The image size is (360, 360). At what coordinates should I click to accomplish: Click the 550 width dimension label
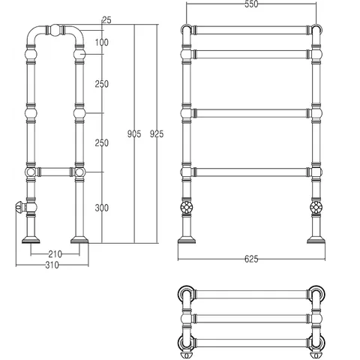click(251, 4)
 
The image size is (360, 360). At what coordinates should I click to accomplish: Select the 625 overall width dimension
click(251, 259)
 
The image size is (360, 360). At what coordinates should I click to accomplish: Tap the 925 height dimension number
click(157, 134)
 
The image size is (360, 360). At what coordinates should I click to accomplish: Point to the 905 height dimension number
click(134, 134)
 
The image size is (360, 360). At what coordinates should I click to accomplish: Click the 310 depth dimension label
click(52, 265)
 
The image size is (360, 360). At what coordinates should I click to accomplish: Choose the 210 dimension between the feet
click(55, 254)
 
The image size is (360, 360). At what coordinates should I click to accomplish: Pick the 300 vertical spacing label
click(102, 208)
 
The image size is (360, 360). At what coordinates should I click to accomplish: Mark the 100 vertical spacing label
click(102, 42)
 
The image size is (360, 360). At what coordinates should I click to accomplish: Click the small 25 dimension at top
click(106, 20)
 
